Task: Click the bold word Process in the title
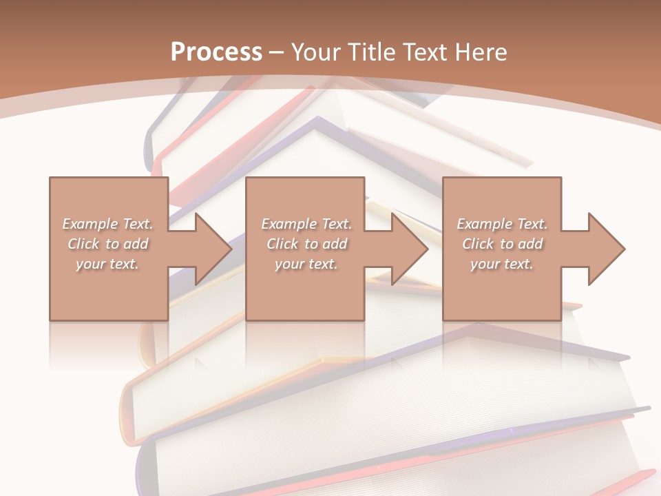(x=216, y=52)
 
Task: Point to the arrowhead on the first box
(x=210, y=249)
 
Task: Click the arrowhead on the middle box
(x=407, y=249)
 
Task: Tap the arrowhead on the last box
(x=604, y=249)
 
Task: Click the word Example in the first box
(x=90, y=224)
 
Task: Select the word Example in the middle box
(x=288, y=224)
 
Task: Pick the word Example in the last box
(x=484, y=224)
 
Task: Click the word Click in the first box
(x=83, y=244)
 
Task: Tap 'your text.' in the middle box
(x=306, y=264)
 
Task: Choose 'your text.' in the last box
(x=502, y=264)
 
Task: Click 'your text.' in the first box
(x=107, y=264)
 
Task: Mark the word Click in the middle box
(x=282, y=244)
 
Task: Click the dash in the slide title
(x=277, y=52)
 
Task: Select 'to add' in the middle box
(x=326, y=244)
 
